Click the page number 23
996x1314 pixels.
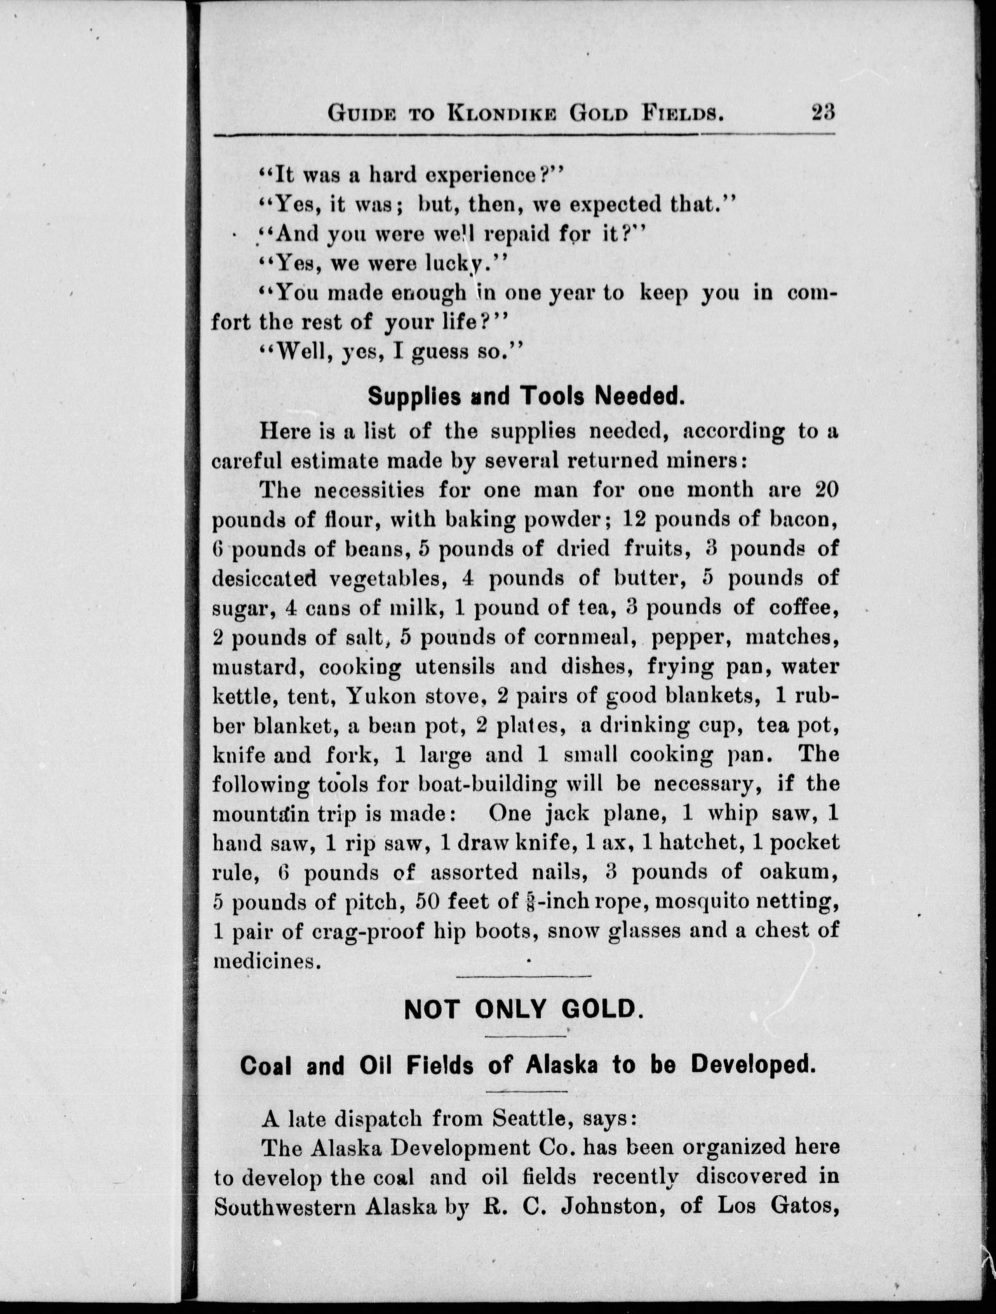click(823, 112)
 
